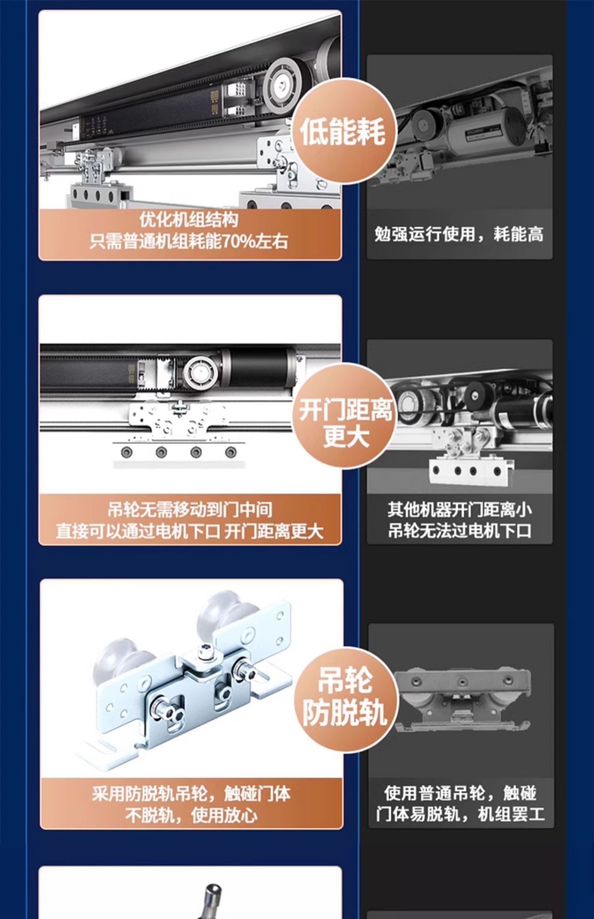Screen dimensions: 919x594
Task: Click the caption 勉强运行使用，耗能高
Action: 459,234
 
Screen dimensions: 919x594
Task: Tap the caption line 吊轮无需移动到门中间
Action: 190,510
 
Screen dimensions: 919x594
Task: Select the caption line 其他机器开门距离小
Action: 459,510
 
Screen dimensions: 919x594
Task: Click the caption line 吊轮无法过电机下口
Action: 459,531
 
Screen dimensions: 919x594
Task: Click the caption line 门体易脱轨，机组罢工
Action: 460,815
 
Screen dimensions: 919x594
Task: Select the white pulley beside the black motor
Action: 200,372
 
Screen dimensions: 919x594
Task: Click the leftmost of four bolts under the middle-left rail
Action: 126,452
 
